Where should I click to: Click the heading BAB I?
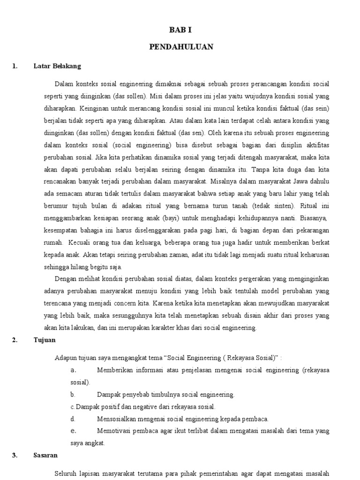(180, 30)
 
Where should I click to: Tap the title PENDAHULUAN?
(181, 47)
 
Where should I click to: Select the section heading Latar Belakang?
(57, 66)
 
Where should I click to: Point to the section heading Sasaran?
(45, 455)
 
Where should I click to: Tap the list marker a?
(73, 370)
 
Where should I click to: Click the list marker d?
(73, 419)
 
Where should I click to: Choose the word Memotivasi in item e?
(113, 431)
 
